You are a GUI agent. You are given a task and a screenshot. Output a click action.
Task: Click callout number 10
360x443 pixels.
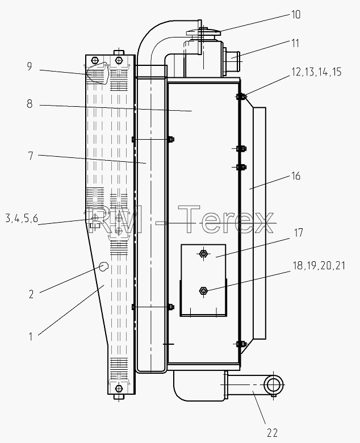pyautogui.click(x=295, y=14)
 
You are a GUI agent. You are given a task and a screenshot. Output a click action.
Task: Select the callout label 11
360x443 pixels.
pyautogui.click(x=295, y=43)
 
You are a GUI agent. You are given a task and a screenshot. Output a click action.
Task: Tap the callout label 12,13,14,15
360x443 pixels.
pyautogui.click(x=316, y=72)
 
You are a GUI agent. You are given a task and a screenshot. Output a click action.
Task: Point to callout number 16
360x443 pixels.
pyautogui.click(x=296, y=175)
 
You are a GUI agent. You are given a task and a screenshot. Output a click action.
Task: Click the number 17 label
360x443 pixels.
pyautogui.click(x=298, y=233)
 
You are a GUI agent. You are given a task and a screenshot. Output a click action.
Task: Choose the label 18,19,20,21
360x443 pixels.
pyautogui.click(x=319, y=266)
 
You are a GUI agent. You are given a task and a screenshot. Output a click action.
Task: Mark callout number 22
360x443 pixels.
pyautogui.click(x=272, y=433)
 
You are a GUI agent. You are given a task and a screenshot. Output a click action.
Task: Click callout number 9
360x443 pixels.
pyautogui.click(x=30, y=66)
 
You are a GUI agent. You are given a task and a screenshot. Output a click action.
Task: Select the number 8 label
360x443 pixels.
pyautogui.click(x=30, y=104)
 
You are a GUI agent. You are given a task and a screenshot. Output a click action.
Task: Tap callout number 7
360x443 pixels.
pyautogui.click(x=31, y=156)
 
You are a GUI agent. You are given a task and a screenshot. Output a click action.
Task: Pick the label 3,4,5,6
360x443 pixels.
pyautogui.click(x=22, y=219)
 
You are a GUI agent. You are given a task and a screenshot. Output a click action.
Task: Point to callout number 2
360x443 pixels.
pyautogui.click(x=31, y=294)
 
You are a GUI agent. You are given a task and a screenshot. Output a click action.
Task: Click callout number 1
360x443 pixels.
pyautogui.click(x=31, y=336)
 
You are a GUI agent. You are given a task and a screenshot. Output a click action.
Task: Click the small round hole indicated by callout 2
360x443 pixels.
pyautogui.click(x=103, y=266)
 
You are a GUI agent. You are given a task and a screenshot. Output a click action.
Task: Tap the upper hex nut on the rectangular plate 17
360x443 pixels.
pyautogui.click(x=203, y=254)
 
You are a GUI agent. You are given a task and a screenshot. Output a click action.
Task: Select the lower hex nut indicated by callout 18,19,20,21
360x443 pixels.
pyautogui.click(x=203, y=290)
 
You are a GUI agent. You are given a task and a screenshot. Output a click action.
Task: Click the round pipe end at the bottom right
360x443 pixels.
pyautogui.click(x=273, y=385)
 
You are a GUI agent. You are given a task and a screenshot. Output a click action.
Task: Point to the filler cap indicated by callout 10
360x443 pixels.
pyautogui.click(x=203, y=32)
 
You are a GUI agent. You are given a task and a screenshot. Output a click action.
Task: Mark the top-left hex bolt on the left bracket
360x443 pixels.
pyautogui.click(x=95, y=61)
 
